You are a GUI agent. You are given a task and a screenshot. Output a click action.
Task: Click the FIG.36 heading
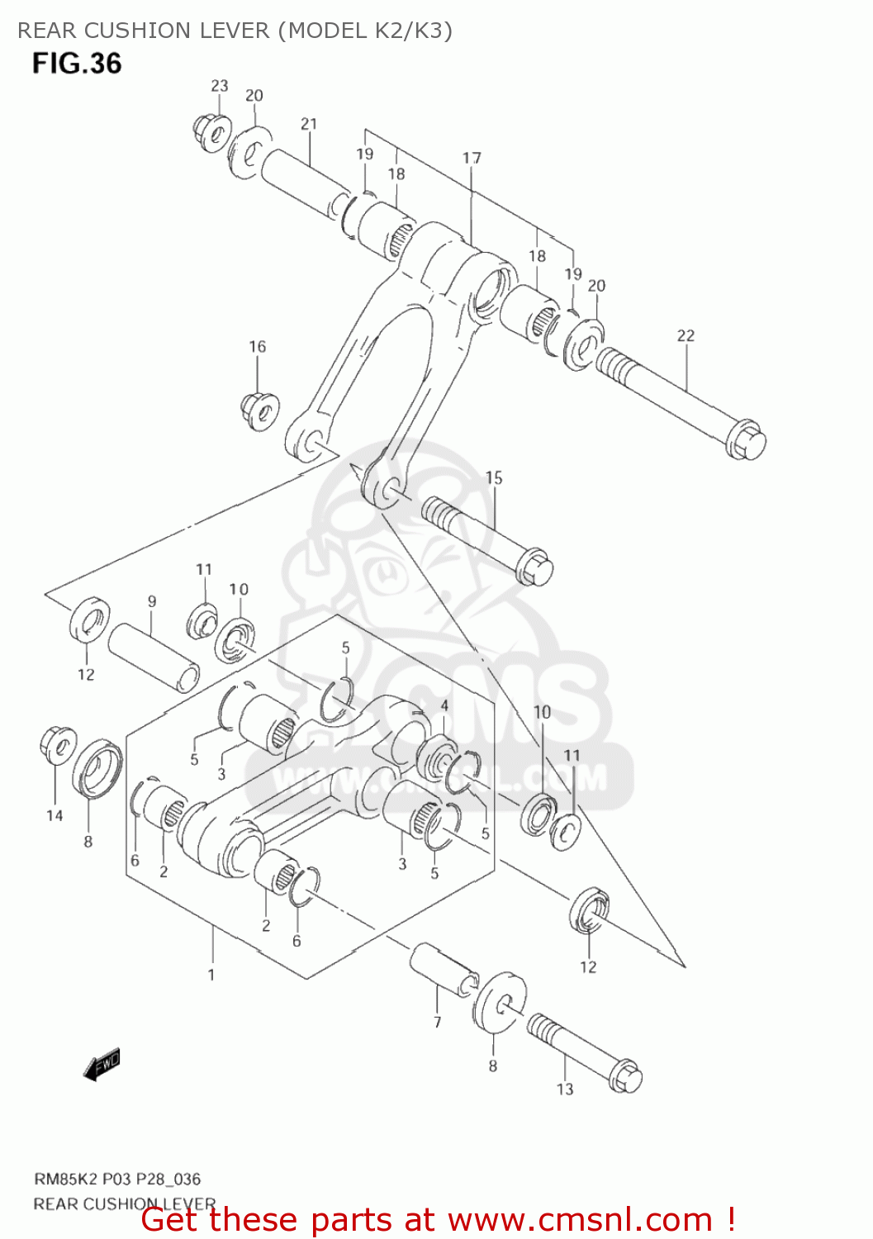[x=77, y=63]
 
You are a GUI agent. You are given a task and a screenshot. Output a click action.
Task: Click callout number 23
[x=219, y=86]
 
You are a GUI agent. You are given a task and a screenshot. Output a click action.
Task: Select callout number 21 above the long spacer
[x=309, y=124]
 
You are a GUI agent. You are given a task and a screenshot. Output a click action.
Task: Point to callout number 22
[x=686, y=335]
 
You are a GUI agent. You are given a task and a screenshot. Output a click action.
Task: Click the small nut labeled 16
[x=259, y=410]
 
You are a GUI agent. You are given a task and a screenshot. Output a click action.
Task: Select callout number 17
[x=472, y=158]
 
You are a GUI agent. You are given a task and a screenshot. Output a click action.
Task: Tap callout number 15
[x=494, y=477]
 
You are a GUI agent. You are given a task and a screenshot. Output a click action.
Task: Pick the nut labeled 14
[x=57, y=745]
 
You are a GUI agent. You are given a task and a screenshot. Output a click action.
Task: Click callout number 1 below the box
[x=211, y=975]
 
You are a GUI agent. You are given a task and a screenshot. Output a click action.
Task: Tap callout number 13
[x=565, y=1089]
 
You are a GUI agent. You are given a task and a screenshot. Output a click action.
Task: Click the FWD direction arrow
[x=102, y=1065]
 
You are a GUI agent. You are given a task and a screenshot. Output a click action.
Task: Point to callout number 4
[x=444, y=705]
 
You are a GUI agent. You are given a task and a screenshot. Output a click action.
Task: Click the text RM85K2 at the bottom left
[x=65, y=1179]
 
